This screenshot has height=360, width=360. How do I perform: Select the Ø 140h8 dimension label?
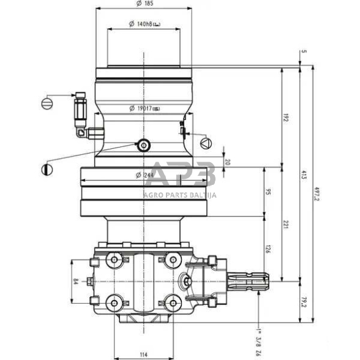(144, 24)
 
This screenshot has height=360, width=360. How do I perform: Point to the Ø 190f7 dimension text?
(144, 108)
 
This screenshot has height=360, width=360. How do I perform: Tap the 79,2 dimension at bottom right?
(305, 302)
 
